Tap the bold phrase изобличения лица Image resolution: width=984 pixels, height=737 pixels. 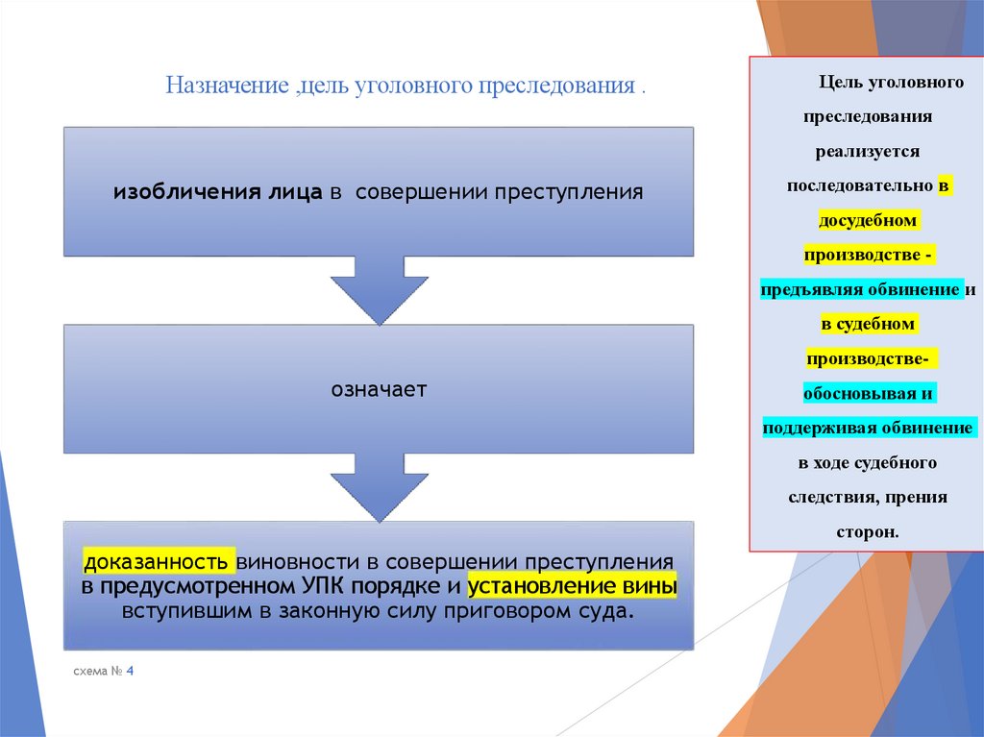(x=218, y=191)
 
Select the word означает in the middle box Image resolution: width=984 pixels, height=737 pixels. (x=379, y=389)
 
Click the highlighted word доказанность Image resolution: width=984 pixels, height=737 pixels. (x=157, y=560)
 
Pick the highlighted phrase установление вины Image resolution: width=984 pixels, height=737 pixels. (x=572, y=586)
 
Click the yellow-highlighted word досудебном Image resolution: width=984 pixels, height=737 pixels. (x=869, y=220)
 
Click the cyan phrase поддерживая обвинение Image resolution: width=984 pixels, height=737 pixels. (x=868, y=428)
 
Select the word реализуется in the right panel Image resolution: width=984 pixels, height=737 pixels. (x=868, y=151)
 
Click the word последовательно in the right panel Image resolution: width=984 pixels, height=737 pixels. (x=859, y=185)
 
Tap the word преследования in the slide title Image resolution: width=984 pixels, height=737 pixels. (x=563, y=86)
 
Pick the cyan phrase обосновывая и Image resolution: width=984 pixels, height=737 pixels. (x=868, y=393)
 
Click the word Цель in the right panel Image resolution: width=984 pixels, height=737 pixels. (x=838, y=82)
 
